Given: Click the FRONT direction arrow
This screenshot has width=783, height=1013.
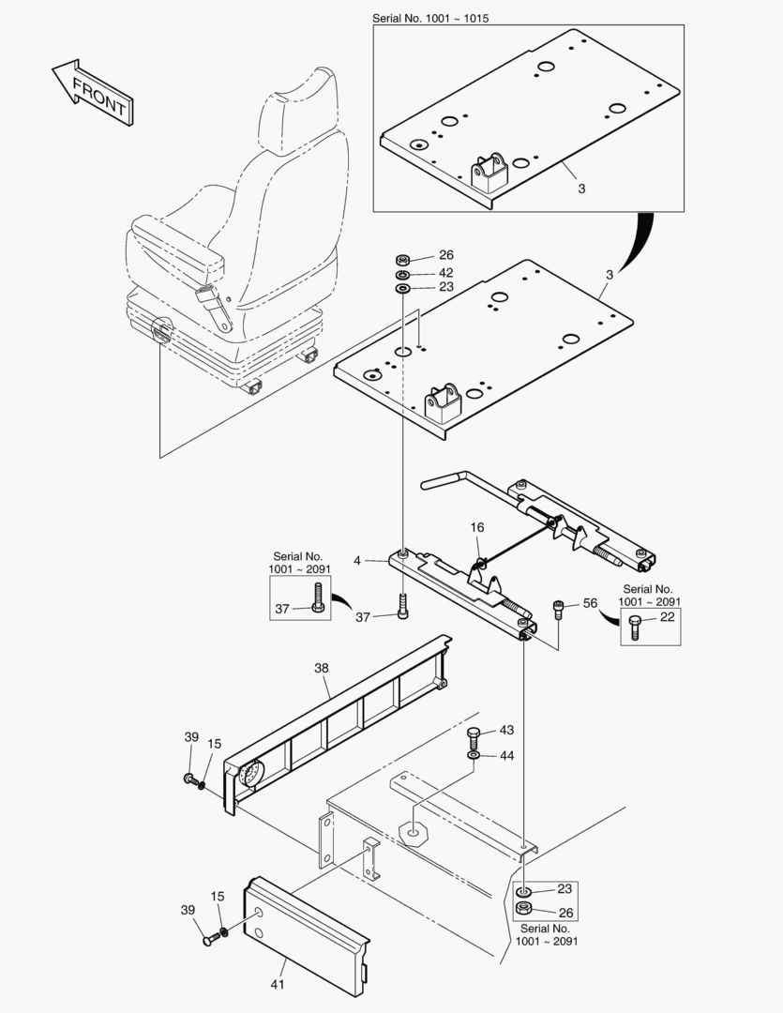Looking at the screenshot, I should tap(90, 92).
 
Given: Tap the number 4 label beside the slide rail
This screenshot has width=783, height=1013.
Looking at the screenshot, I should tap(356, 561).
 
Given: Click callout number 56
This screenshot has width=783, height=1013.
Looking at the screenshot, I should tap(591, 604).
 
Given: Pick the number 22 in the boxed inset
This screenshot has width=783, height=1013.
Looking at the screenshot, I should tap(667, 617).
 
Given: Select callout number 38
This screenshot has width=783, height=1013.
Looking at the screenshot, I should tap(321, 670).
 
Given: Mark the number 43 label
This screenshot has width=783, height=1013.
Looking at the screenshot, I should tap(506, 730).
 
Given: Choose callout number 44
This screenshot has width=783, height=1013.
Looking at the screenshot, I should tap(506, 755).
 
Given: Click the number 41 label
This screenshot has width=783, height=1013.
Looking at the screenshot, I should tap(278, 984).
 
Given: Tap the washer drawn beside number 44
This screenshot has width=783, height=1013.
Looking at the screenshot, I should tap(474, 756).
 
